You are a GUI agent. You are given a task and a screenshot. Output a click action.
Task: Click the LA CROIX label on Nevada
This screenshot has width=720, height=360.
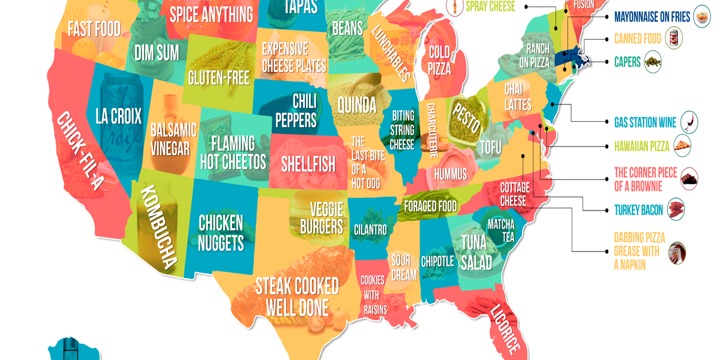click(118, 116)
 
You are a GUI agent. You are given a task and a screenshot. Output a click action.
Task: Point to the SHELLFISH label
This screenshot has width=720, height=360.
click(308, 164)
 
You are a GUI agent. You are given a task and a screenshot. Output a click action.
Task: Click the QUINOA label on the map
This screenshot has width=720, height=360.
click(357, 105)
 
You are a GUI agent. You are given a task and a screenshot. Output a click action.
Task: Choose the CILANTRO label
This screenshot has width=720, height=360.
click(370, 229)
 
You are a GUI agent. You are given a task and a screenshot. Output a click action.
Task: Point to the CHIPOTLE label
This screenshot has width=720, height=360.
click(437, 262)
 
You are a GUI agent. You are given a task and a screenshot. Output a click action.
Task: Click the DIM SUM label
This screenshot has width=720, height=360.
click(157, 53)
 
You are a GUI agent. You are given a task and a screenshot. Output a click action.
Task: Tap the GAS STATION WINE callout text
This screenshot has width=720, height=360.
click(645, 122)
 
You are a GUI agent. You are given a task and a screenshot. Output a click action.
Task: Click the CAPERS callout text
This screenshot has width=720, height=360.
click(628, 61)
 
